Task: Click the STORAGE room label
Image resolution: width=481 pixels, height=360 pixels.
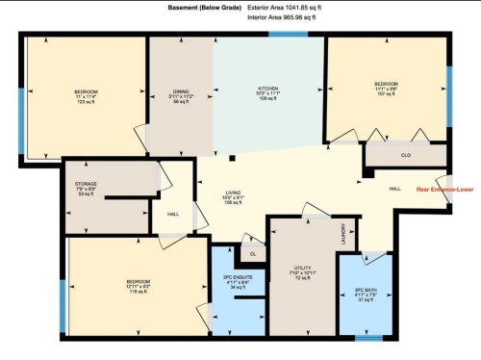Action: tap(86, 185)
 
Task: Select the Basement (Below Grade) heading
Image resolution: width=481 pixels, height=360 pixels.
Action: tap(204, 8)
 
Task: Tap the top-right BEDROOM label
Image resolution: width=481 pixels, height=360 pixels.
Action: tap(386, 84)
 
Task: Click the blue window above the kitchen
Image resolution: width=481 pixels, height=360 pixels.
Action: tap(288, 34)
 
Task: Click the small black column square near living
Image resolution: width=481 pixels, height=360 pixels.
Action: tap(232, 157)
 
